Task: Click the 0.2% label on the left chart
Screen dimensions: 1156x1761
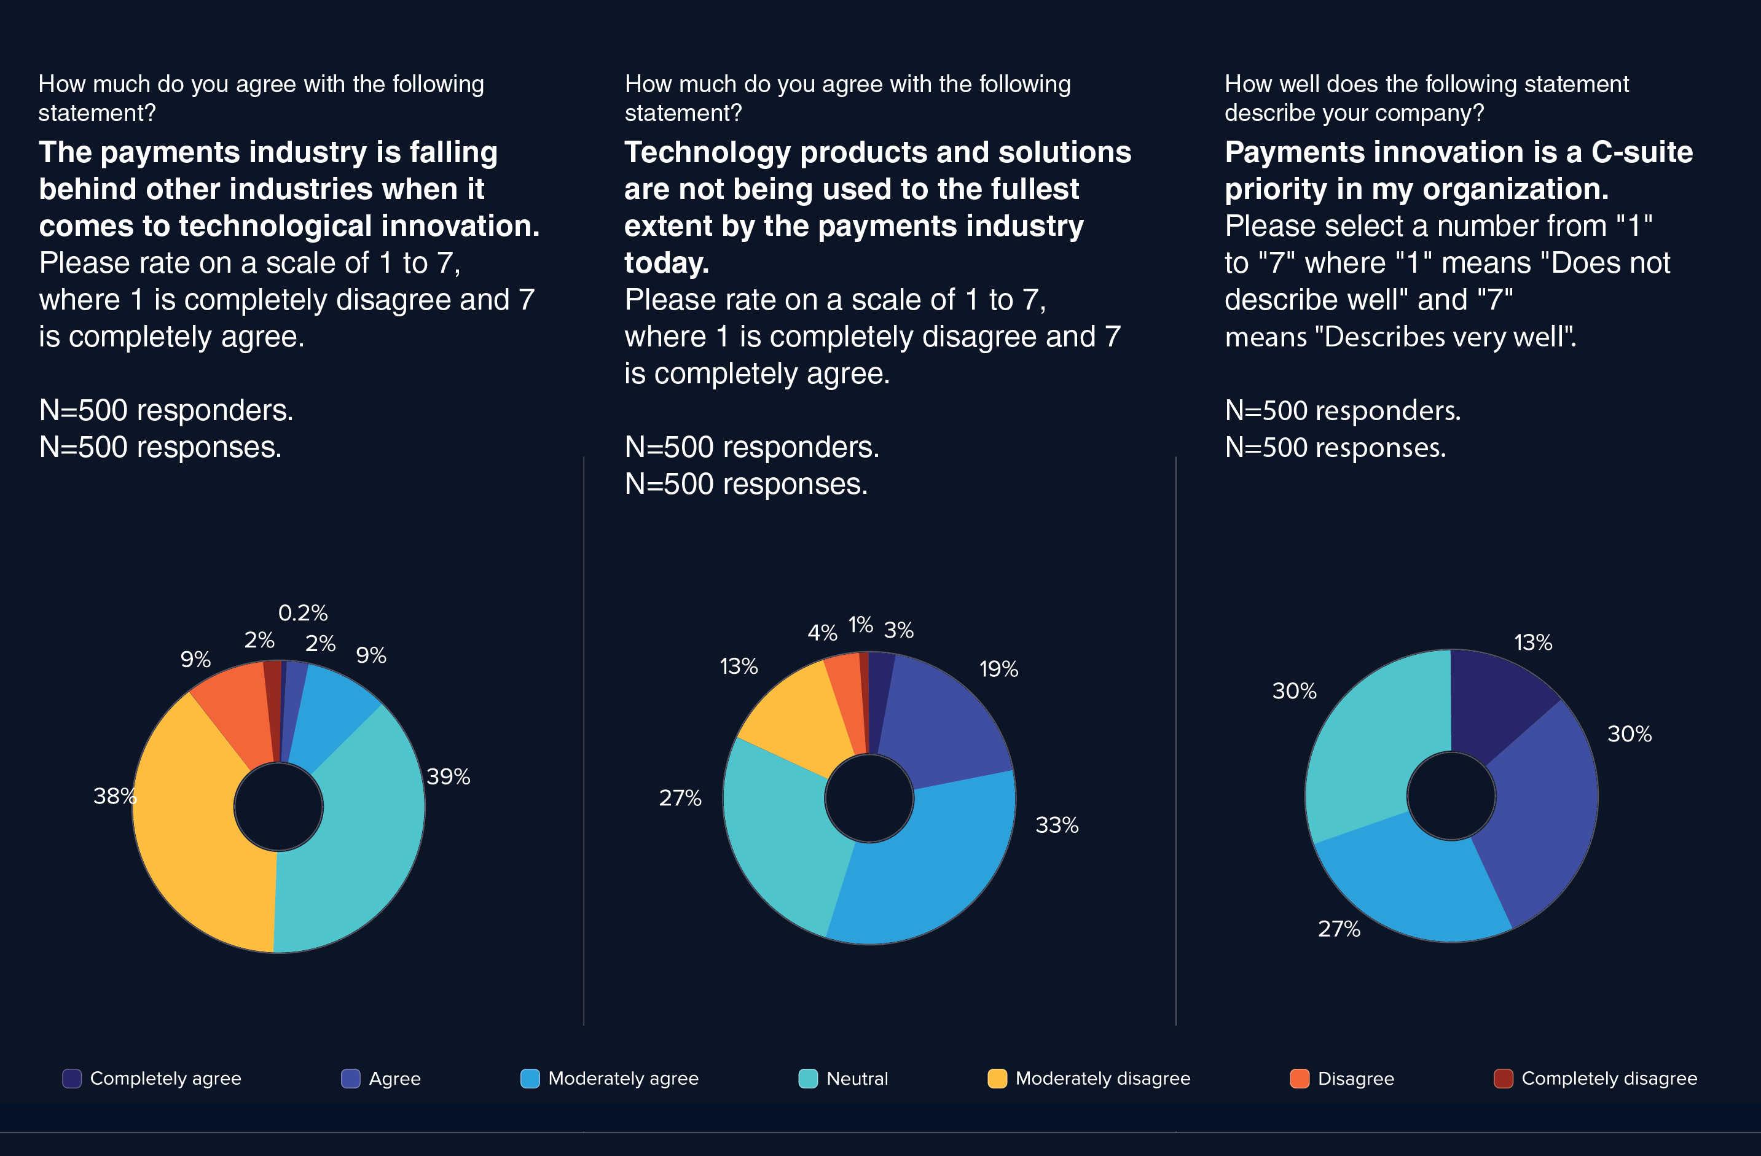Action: [x=303, y=612]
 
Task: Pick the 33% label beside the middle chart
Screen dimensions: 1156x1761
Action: [x=1057, y=825]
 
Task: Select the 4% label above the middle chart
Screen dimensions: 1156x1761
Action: [x=822, y=633]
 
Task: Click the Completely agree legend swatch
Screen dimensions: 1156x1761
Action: [x=72, y=1079]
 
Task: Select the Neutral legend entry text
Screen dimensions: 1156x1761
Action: [x=857, y=1079]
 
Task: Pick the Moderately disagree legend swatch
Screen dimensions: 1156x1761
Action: [x=997, y=1079]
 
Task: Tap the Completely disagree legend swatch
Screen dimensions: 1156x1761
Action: [x=1503, y=1079]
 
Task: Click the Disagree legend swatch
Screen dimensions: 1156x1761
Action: [x=1300, y=1079]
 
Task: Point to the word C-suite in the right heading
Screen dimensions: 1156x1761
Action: [x=1642, y=152]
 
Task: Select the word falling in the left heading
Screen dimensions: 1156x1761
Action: [x=453, y=152]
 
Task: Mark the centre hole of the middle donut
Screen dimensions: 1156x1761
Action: [x=869, y=798]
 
